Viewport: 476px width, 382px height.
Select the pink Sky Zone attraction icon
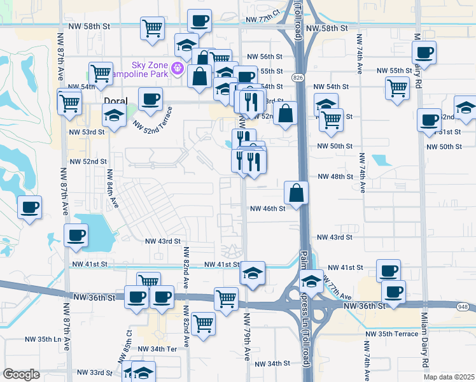tap(178, 69)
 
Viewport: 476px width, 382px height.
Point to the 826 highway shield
tap(298, 77)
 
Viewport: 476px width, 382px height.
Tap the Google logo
tap(21, 374)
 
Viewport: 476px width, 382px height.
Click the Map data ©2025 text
tap(449, 377)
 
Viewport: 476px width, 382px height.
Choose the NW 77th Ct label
tap(263, 13)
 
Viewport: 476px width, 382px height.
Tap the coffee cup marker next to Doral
tap(150, 99)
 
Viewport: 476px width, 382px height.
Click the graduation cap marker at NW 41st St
tap(253, 273)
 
